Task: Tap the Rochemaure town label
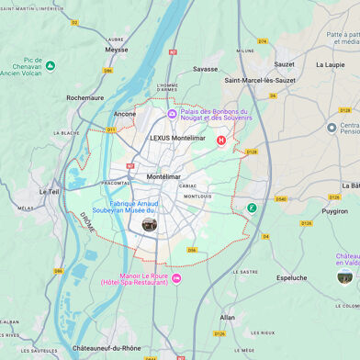pyautogui.click(x=84, y=96)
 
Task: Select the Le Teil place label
pyautogui.click(x=49, y=192)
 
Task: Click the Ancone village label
pyautogui.click(x=125, y=114)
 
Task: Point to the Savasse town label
pyautogui.click(x=206, y=69)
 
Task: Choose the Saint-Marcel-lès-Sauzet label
pyautogui.click(x=261, y=80)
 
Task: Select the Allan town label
pyautogui.click(x=228, y=317)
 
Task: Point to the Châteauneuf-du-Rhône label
pyautogui.click(x=107, y=348)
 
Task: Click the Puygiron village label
pyautogui.click(x=334, y=210)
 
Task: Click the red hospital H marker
pyautogui.click(x=220, y=141)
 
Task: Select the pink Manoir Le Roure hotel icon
pyautogui.click(x=176, y=278)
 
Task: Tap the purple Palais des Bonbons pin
pyautogui.click(x=172, y=114)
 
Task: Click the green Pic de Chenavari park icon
pyautogui.click(x=51, y=66)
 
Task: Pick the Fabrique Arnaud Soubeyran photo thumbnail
pyautogui.click(x=149, y=224)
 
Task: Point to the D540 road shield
pyautogui.click(x=280, y=198)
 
